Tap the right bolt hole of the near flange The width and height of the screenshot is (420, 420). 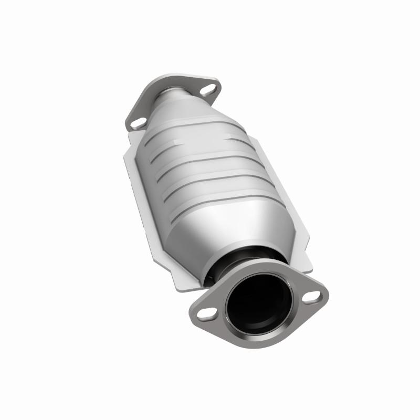point(313,298)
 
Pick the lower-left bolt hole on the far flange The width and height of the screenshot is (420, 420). point(139,123)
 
